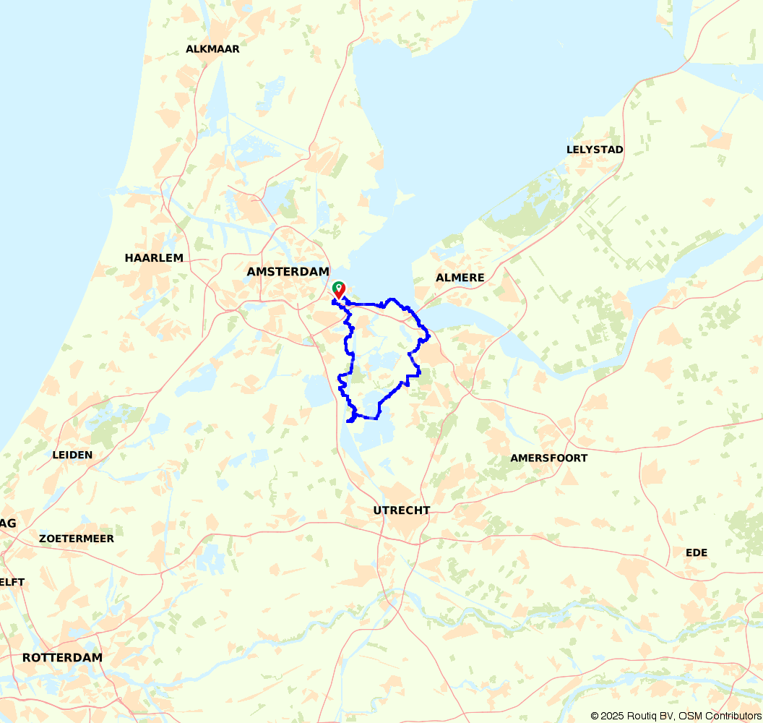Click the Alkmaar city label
pos(212,49)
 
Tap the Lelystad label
pos(595,150)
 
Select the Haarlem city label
pos(154,258)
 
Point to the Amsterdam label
pos(288,272)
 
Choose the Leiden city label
pos(72,455)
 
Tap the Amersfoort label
pos(548,458)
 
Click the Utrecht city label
pos(401,510)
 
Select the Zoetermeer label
pos(77,539)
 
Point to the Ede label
pos(697,552)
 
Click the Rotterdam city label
pos(62,658)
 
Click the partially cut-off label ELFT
pos(12,582)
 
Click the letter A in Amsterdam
pos(251,272)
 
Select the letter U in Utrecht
pos(377,510)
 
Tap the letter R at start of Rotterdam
pos(27,658)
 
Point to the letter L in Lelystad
pos(569,150)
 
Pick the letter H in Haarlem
pos(129,258)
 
